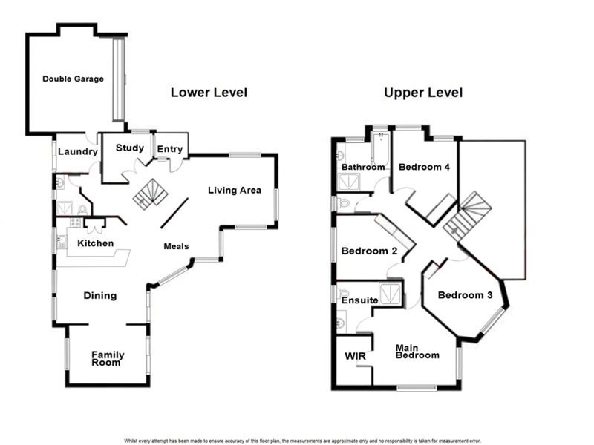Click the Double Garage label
click(x=73, y=79)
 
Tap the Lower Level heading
click(x=209, y=93)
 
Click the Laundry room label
click(x=78, y=152)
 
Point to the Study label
click(x=129, y=148)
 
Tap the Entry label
click(x=170, y=150)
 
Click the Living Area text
click(x=235, y=191)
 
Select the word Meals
click(x=176, y=247)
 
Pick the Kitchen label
click(x=96, y=243)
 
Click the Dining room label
click(x=100, y=296)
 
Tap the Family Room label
click(x=108, y=359)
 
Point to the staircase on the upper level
click(x=467, y=217)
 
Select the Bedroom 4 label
click(x=424, y=168)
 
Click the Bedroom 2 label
click(x=369, y=251)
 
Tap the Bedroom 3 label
click(x=465, y=295)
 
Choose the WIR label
click(x=356, y=357)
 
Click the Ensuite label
click(x=360, y=301)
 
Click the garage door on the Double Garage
click(x=119, y=79)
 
